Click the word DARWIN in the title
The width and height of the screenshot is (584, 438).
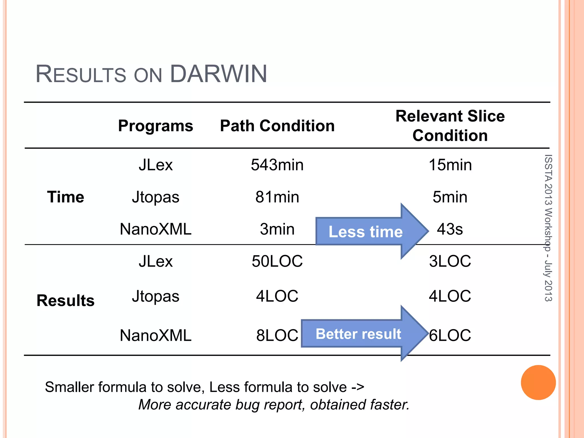click(x=218, y=74)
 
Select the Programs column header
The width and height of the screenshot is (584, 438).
click(x=155, y=126)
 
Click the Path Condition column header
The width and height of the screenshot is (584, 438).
click(x=277, y=126)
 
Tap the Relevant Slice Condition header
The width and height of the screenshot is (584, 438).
click(x=450, y=126)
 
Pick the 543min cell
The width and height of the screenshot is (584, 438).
click(x=277, y=165)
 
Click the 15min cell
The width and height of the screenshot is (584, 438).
click(x=450, y=165)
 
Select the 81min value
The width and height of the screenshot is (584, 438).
click(x=277, y=197)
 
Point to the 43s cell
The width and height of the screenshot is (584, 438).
click(x=450, y=229)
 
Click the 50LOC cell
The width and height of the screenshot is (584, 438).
click(x=277, y=261)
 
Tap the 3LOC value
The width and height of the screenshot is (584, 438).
click(x=450, y=261)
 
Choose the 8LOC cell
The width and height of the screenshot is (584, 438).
click(x=277, y=335)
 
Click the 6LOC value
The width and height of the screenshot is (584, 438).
click(x=450, y=335)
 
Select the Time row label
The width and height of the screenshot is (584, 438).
click(x=66, y=197)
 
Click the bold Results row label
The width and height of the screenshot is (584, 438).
click(x=66, y=301)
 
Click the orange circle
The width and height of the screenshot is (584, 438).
click(x=538, y=382)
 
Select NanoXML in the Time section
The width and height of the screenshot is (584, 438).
click(x=155, y=229)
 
